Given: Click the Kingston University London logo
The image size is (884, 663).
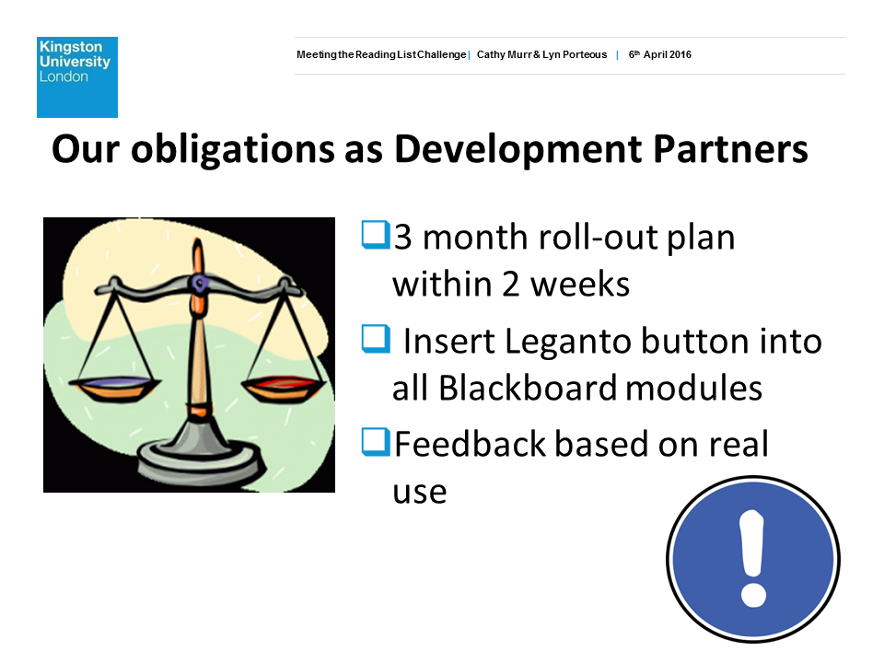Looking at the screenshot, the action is pos(77,77).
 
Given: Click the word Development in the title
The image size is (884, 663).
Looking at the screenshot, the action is pos(518,150).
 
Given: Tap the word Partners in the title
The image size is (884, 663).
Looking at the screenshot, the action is pos(730,149).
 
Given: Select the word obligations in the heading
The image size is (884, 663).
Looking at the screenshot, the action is pos(233,150).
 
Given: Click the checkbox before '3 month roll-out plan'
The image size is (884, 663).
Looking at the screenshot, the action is pos(376,235).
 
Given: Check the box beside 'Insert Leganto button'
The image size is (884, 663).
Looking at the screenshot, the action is pos(376,339).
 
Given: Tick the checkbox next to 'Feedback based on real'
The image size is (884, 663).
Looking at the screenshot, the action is pos(376,442).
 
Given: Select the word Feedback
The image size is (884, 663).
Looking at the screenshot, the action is pos(471,444).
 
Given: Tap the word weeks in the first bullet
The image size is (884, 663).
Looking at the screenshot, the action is pos(580,284).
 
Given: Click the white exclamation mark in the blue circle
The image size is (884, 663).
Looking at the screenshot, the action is pos(753,559).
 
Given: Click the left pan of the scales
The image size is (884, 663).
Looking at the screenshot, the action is pos(114,388).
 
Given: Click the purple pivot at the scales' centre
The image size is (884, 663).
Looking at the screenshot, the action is pos(199,283).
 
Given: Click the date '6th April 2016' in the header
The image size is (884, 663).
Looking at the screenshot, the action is pos(659,54).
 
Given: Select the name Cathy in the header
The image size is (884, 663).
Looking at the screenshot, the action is pos(491,54).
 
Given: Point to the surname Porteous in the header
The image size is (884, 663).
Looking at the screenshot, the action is pos(585,54).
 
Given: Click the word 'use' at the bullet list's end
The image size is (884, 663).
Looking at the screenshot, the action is pos(420,492).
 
